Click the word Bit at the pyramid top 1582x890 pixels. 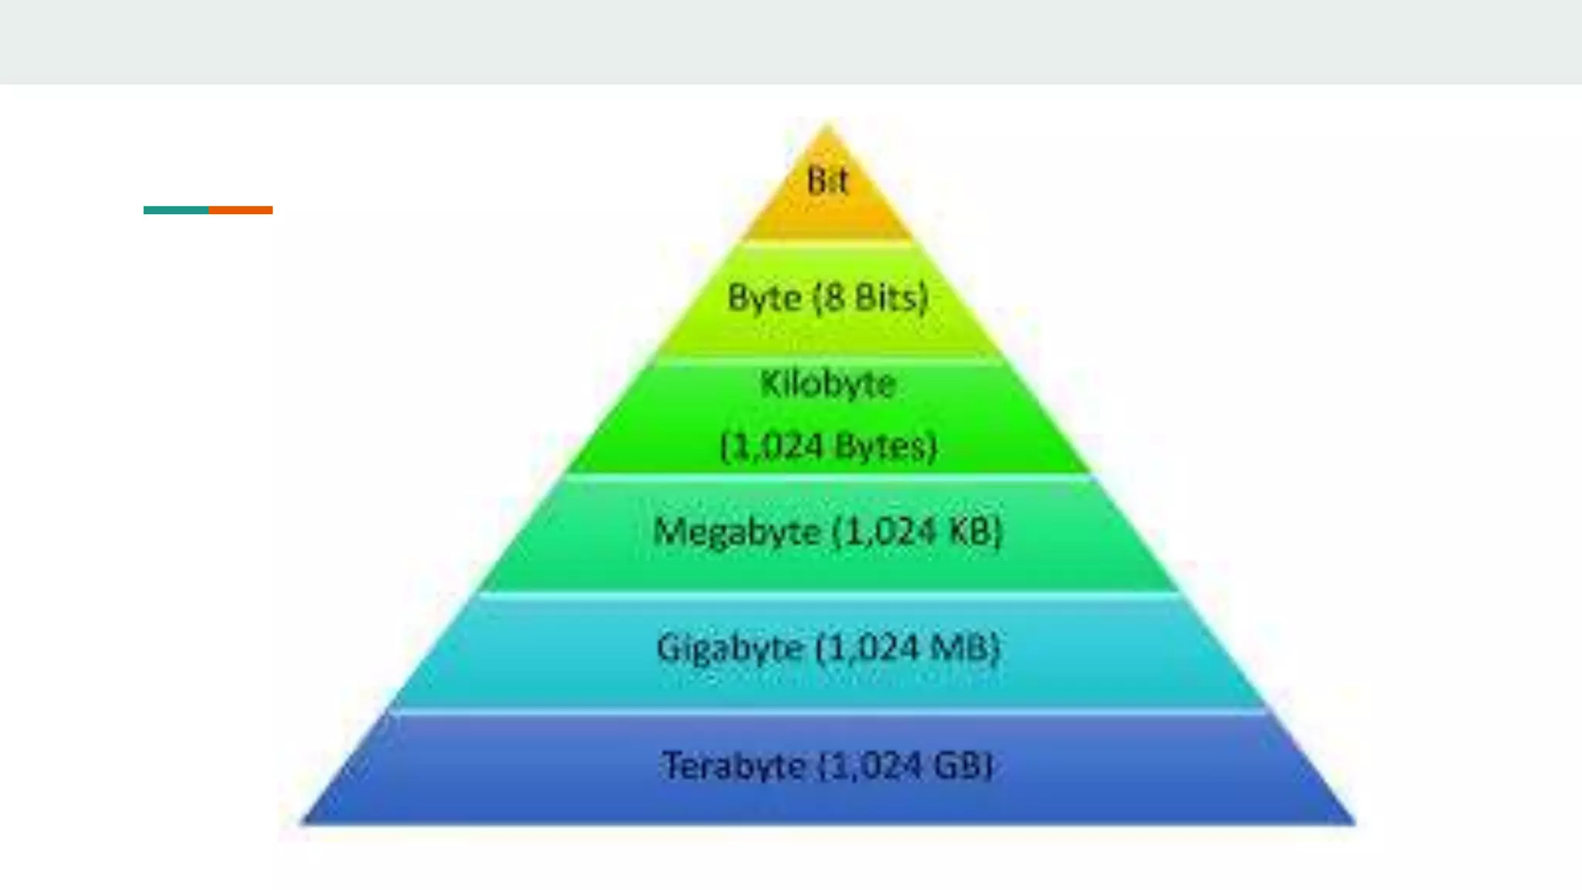(x=827, y=181)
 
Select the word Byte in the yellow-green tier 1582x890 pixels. (x=764, y=298)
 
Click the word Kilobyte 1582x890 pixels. (x=827, y=384)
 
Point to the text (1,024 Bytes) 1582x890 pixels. (x=828, y=447)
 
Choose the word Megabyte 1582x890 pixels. (x=736, y=532)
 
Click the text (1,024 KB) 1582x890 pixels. (x=917, y=532)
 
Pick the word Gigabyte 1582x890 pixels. (x=729, y=648)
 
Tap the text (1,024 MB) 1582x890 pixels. (x=908, y=648)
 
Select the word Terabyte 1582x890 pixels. (x=733, y=766)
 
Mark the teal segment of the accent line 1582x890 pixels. (x=176, y=210)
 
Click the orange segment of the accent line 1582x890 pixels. (x=240, y=210)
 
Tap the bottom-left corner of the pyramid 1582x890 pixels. (x=304, y=822)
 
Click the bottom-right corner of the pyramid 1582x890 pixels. (x=1353, y=822)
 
